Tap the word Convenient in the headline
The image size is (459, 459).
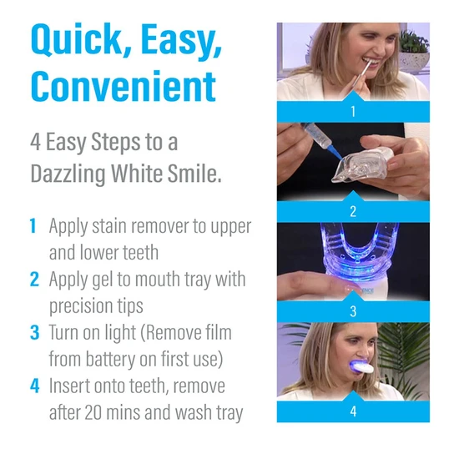coord(123,87)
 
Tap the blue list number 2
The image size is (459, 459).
coord(33,280)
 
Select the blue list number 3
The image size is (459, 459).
coord(33,333)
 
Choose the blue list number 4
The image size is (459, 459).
coord(33,386)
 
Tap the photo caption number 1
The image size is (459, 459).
coord(352,110)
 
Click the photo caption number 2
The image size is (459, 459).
coord(352,210)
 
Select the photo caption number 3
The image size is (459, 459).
coord(352,310)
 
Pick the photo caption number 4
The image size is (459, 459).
coord(352,411)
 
